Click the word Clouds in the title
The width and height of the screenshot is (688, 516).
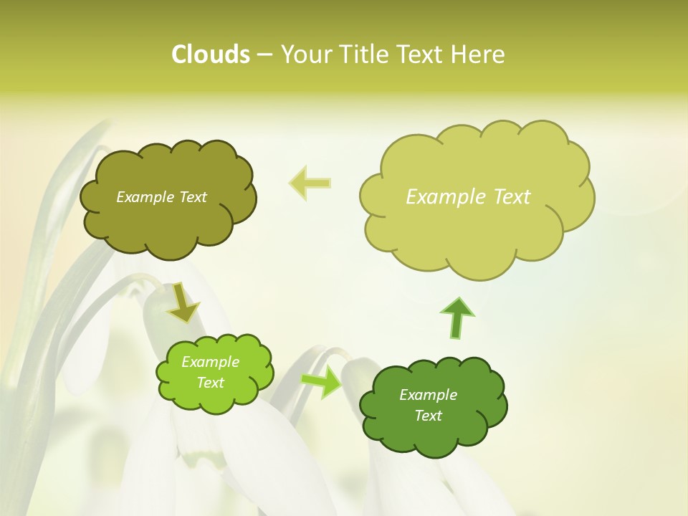point(211,54)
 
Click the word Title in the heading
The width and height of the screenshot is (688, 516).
point(364,54)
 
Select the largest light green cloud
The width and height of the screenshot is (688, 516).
point(476,229)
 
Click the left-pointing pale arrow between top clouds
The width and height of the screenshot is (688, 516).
point(310,183)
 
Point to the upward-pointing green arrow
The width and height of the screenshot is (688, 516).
point(457,317)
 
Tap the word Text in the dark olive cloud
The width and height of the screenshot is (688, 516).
point(193,197)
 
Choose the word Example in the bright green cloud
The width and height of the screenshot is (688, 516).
point(210,362)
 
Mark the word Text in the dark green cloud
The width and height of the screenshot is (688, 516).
point(428,416)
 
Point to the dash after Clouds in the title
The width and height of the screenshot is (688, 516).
point(264,54)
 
